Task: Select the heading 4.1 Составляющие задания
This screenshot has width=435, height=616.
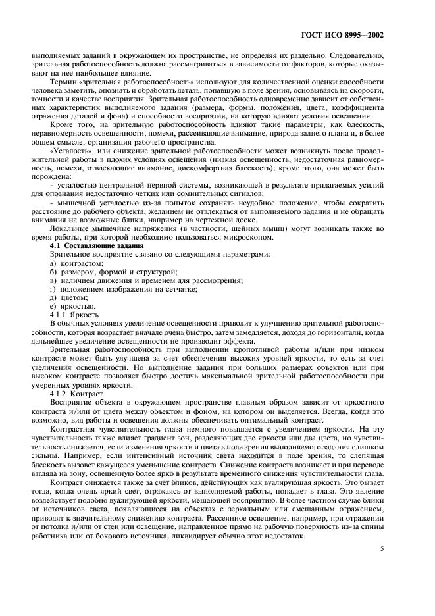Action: tap(94, 245)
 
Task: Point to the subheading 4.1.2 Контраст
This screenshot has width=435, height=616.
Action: tap(77, 391)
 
